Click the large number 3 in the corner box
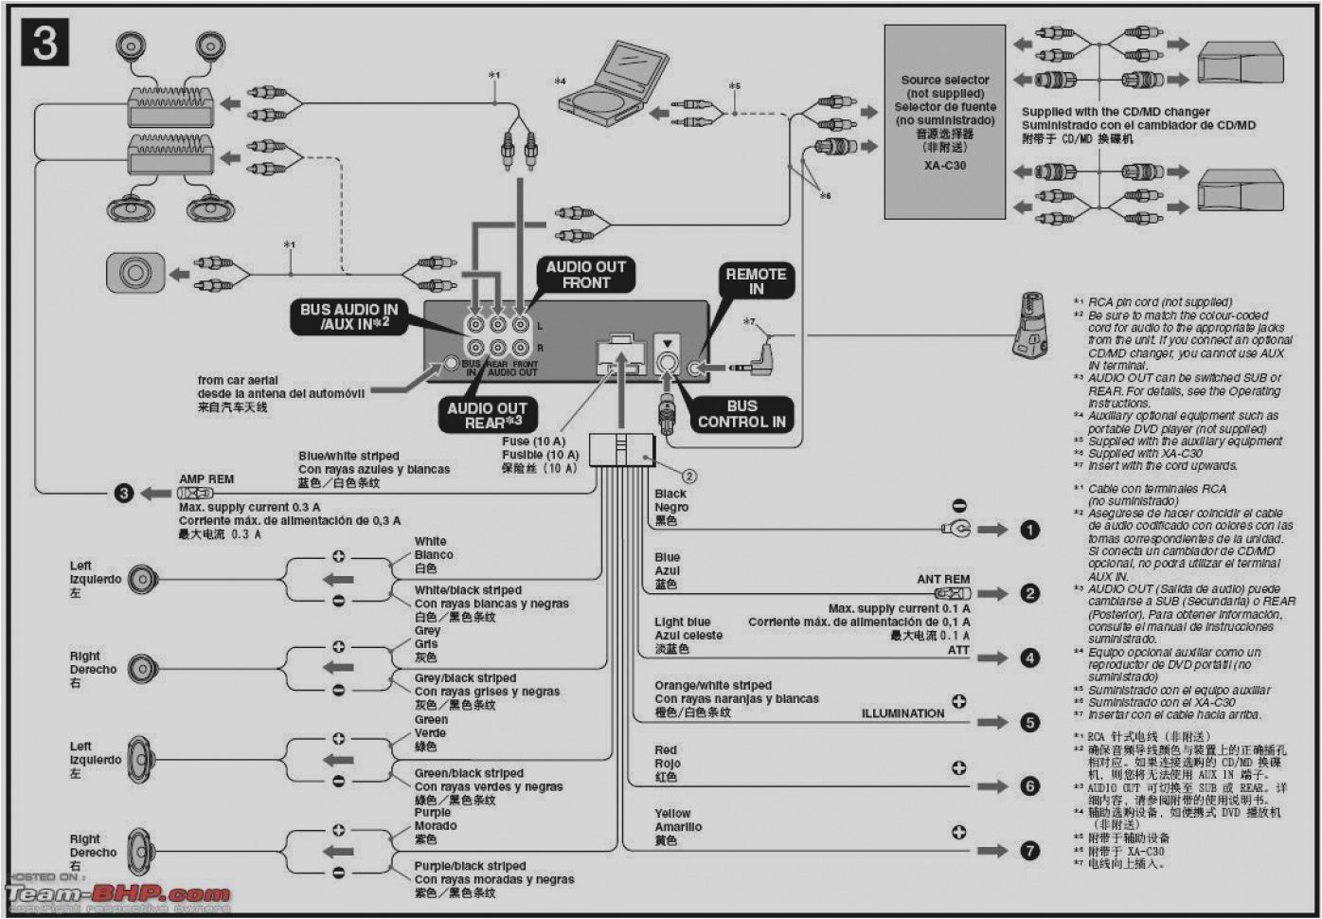45,45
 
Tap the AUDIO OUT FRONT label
585,275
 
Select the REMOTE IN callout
755,280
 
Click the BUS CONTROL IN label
741,414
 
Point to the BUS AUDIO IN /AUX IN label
348,316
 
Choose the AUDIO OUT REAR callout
487,415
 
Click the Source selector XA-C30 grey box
944,121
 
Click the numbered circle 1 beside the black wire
1029,531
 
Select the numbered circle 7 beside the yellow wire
1029,851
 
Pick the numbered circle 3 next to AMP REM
124,494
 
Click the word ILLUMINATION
902,713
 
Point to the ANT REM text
942,579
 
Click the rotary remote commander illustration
1029,324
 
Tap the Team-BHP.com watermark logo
118,893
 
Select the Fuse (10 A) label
533,441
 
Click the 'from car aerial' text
238,380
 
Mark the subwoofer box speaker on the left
134,274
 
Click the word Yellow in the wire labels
672,813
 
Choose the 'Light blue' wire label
682,622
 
